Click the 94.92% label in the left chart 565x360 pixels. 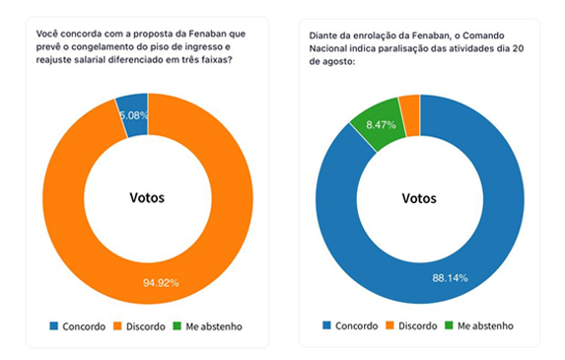click(x=161, y=283)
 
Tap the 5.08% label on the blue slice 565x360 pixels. click(x=134, y=115)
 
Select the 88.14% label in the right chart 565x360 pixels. click(x=450, y=278)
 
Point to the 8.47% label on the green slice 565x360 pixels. click(x=381, y=124)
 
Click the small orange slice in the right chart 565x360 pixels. click(x=410, y=116)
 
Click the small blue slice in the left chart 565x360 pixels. click(x=133, y=115)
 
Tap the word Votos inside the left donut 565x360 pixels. click(x=147, y=197)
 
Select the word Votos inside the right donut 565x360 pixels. click(x=419, y=198)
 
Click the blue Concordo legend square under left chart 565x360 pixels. click(x=53, y=325)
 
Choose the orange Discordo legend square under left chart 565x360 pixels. click(x=117, y=325)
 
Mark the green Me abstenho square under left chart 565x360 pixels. click(x=177, y=325)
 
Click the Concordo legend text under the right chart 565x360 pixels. click(x=356, y=325)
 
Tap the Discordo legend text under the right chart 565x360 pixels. click(x=418, y=325)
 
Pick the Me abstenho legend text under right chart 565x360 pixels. click(x=485, y=325)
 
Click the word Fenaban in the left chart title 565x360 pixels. click(x=205, y=34)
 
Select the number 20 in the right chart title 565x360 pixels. click(x=518, y=48)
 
